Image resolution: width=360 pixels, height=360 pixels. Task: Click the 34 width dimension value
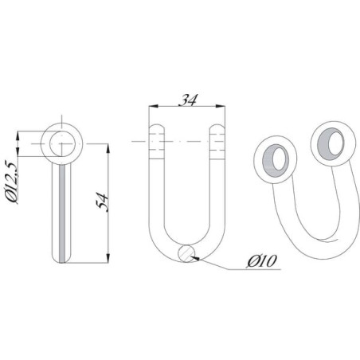click(188, 100)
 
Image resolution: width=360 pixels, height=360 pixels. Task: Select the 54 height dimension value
click(102, 203)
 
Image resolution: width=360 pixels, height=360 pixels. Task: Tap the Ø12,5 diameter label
click(11, 182)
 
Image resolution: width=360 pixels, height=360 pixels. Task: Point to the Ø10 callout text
click(262, 261)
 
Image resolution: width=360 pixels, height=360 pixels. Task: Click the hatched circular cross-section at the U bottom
click(187, 253)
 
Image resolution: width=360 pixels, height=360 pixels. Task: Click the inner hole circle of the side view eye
click(62, 143)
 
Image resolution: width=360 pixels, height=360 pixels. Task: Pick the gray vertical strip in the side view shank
click(62, 213)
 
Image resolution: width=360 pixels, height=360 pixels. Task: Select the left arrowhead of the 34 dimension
click(154, 106)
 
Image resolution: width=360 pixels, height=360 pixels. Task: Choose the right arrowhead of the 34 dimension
click(221, 106)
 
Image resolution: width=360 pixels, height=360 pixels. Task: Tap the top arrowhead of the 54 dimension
click(108, 148)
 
